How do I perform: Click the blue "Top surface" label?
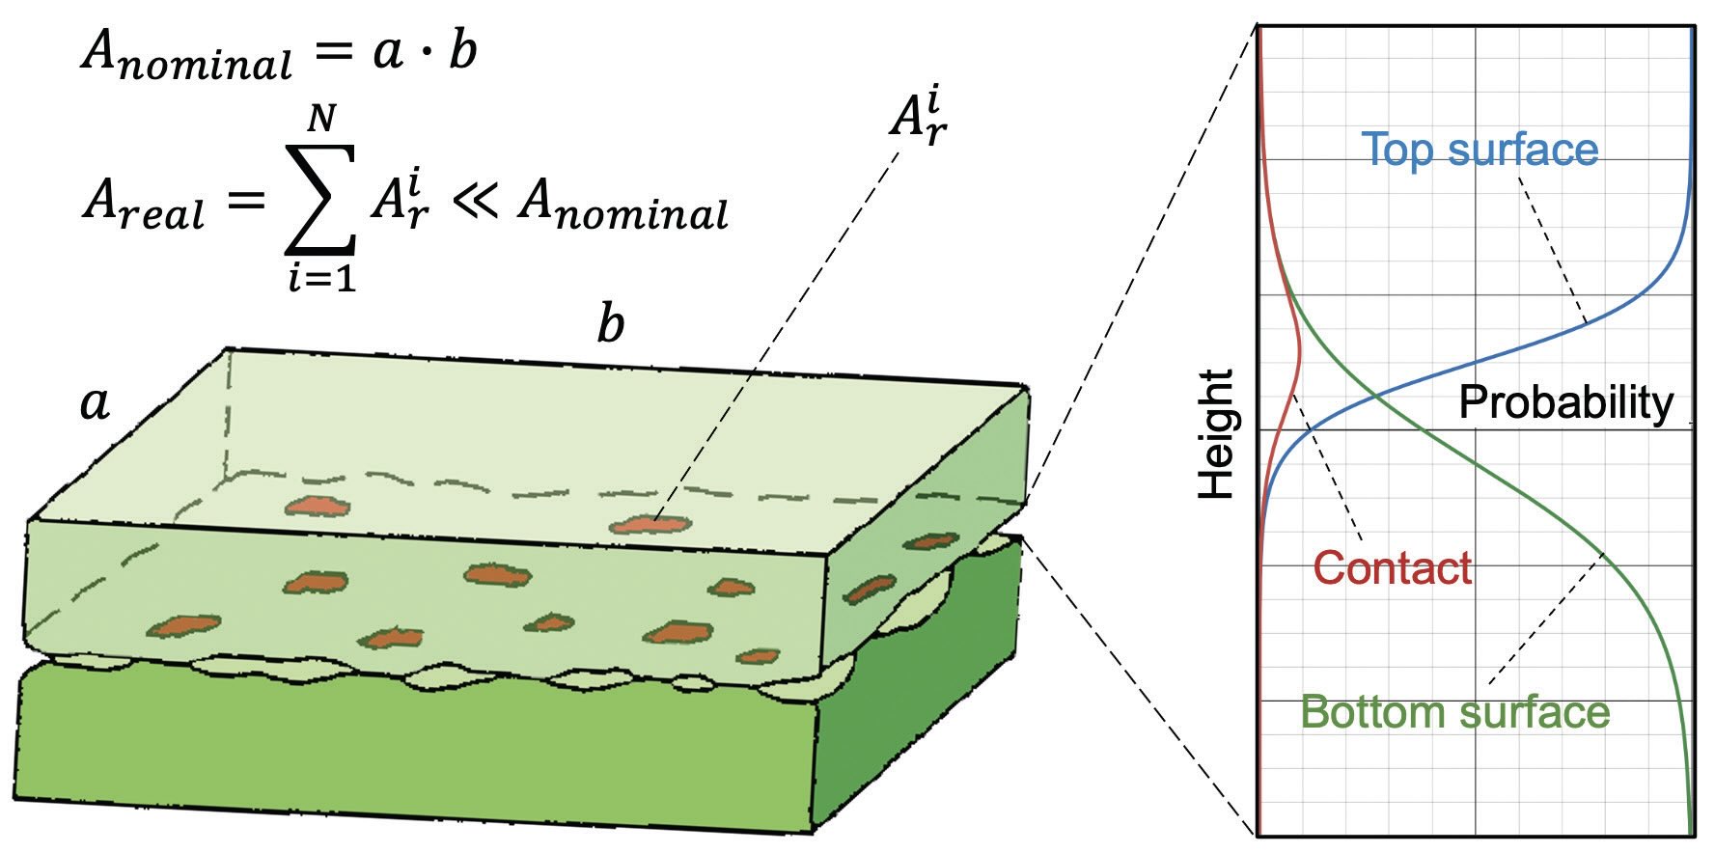click(x=1479, y=150)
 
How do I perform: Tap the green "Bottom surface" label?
click(x=1454, y=712)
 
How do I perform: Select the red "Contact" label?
click(x=1392, y=568)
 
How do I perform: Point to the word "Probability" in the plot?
click(x=1565, y=401)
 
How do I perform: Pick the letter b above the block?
click(x=610, y=324)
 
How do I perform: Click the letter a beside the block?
click(x=94, y=402)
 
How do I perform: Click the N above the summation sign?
click(x=321, y=120)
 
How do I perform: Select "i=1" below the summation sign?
click(x=321, y=279)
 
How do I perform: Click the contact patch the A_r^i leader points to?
click(x=651, y=525)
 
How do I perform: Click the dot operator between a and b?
click(x=421, y=51)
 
